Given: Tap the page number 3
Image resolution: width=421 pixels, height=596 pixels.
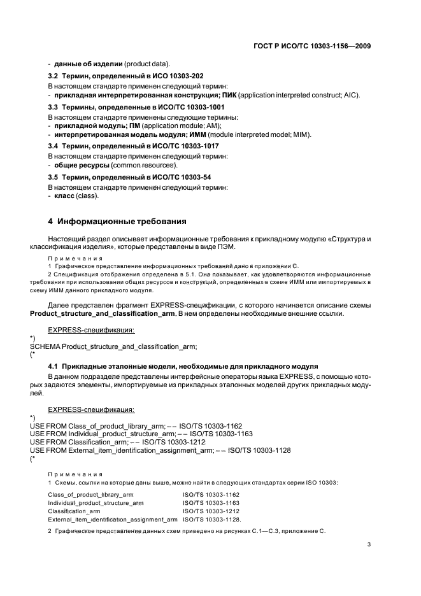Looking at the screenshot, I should point(370,544).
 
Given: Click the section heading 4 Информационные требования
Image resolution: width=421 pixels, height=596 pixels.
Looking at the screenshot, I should point(117,222).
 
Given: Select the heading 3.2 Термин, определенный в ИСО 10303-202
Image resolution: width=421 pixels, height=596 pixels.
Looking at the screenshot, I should point(126,76).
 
